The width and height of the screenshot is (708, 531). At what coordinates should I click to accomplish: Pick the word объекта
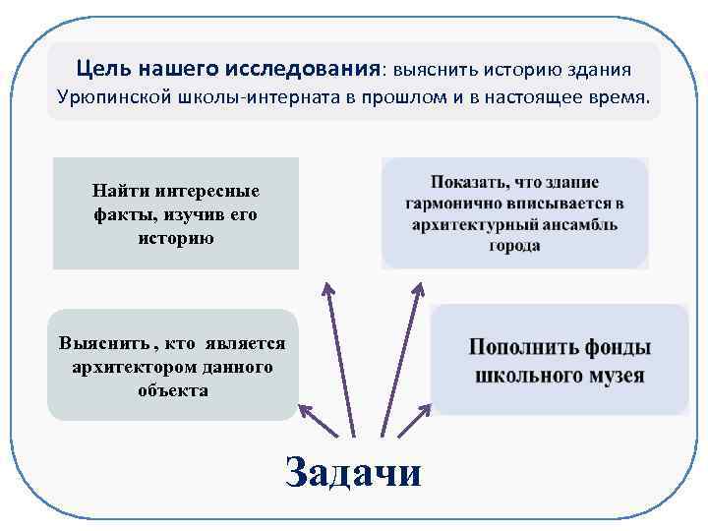pyautogui.click(x=173, y=390)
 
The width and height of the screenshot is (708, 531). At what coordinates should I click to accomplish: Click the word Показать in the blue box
pyautogui.click(x=467, y=183)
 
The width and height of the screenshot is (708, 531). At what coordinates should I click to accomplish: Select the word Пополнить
pyautogui.click(x=514, y=349)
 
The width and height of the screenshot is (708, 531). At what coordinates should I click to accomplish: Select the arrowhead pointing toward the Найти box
pyautogui.click(x=326, y=286)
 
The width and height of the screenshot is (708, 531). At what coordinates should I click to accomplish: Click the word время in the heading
pyautogui.click(x=619, y=98)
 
